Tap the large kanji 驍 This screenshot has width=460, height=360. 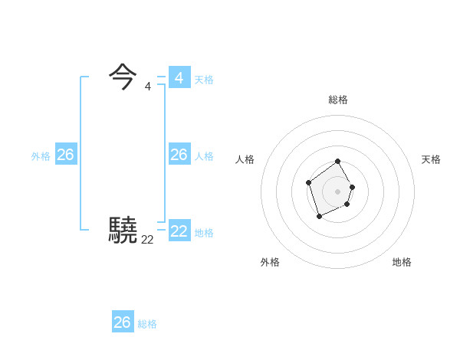pyautogui.click(x=123, y=230)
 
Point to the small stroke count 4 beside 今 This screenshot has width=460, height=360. pyautogui.click(x=147, y=87)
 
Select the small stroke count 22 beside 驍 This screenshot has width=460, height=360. pyautogui.click(x=147, y=240)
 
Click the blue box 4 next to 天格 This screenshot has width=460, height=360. pyautogui.click(x=179, y=77)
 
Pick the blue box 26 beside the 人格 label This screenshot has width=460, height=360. pyautogui.click(x=179, y=155)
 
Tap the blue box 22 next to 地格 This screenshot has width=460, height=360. pyautogui.click(x=179, y=231)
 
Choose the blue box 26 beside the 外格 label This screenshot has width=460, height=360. pyautogui.click(x=65, y=155)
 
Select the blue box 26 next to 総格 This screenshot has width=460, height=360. pyautogui.click(x=123, y=322)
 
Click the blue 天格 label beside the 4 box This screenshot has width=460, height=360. pyautogui.click(x=204, y=80)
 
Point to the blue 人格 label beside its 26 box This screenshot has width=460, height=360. pyautogui.click(x=204, y=156)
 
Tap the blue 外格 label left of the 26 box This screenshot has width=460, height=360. pyautogui.click(x=41, y=156)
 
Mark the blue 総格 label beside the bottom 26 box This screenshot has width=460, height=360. pyautogui.click(x=147, y=324)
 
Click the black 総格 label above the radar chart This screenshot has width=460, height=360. pyautogui.click(x=338, y=100)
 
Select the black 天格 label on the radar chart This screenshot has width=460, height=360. pyautogui.click(x=431, y=159)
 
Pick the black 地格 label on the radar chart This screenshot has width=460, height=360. pyautogui.click(x=402, y=262)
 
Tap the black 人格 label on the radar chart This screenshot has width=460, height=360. pyautogui.click(x=245, y=159)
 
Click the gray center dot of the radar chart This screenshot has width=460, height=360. pyautogui.click(x=338, y=191)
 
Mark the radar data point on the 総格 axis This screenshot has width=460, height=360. pyautogui.click(x=338, y=162)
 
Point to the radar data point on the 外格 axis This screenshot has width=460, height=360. pyautogui.click(x=319, y=218)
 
